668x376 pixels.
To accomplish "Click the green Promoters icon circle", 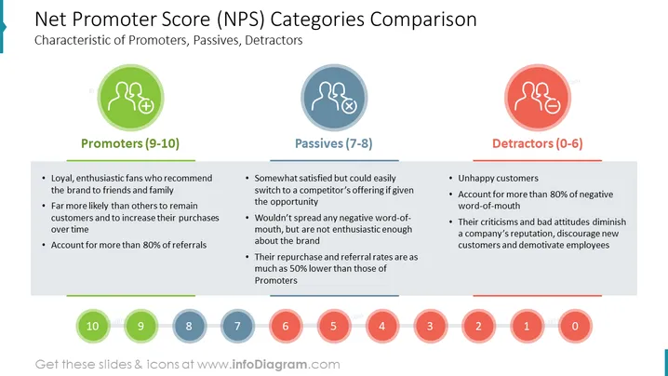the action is (x=131, y=98).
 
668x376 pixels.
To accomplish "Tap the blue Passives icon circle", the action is (x=334, y=98).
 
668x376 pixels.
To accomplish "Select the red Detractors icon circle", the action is (x=538, y=98).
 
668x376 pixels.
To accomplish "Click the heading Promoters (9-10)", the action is (x=130, y=143).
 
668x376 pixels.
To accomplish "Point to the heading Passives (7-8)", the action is (x=334, y=143).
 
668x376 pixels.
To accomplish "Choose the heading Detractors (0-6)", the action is (x=537, y=143).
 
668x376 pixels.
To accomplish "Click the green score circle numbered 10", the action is (x=93, y=326).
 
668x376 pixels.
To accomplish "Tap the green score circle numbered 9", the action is (x=141, y=326).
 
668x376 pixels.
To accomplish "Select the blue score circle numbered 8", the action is (x=189, y=326).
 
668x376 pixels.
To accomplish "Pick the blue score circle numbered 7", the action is (x=237, y=326).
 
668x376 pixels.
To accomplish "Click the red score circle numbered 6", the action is (x=286, y=326).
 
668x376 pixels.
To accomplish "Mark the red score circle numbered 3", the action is (x=430, y=326).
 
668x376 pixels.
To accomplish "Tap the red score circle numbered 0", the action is (x=575, y=326).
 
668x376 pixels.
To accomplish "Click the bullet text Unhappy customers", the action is (x=498, y=178).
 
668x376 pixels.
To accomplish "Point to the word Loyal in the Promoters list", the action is (x=62, y=178).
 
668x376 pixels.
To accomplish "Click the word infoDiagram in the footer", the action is (x=269, y=365).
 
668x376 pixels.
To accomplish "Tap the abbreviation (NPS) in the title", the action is (x=241, y=20).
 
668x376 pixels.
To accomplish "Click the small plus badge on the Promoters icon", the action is (x=146, y=106).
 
